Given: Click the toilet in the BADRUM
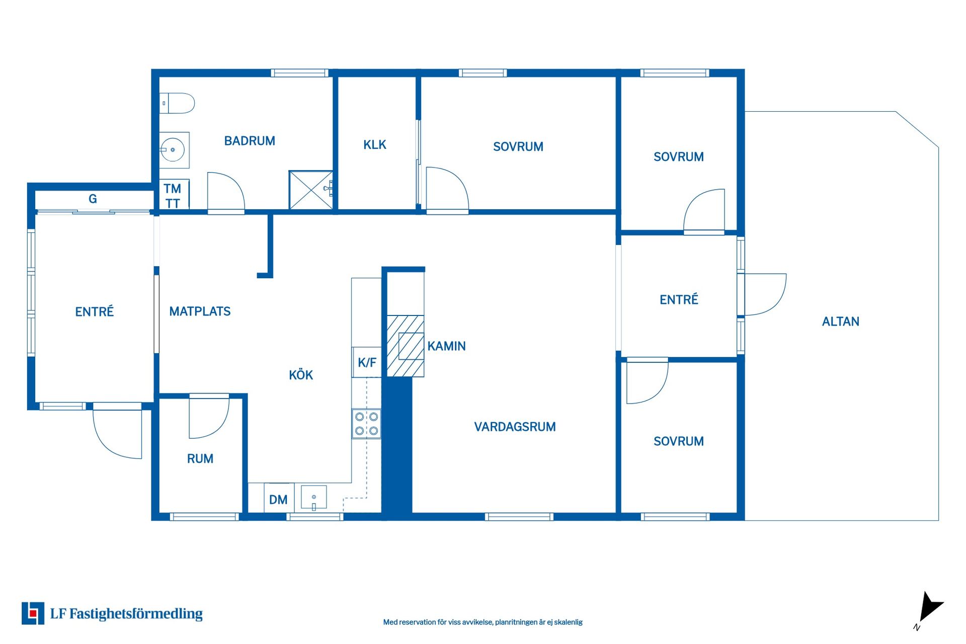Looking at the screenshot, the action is coord(177,103).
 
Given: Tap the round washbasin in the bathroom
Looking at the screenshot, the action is coord(173,150).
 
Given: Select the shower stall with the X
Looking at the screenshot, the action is coord(310,190).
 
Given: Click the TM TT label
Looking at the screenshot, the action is coord(173,196).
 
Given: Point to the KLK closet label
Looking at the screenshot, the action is coord(375,145).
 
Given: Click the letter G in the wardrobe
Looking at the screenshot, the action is coord(93,199).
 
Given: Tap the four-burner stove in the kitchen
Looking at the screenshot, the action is coord(366,424).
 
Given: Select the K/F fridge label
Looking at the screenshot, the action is coord(367,362).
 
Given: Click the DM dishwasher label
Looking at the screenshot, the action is coord(278,500).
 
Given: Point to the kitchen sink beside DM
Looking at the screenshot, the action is coord(314,498).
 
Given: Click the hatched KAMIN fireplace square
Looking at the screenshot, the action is coord(406,346).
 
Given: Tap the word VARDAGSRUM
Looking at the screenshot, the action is coord(515,427).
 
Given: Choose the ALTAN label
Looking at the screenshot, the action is coord(840,321).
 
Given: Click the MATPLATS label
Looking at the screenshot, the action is coord(200,311).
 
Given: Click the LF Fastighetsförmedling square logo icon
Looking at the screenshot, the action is coord(33,613).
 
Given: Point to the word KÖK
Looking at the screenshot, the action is coord(301,375).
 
